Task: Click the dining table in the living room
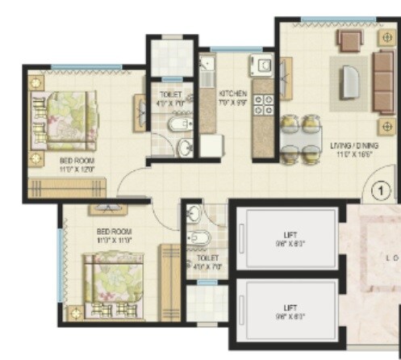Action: [301, 138]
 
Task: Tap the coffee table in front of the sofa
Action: [353, 82]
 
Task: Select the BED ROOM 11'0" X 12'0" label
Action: [77, 165]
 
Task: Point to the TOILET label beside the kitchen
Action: [170, 98]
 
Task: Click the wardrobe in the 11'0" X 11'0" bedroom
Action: [169, 283]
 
